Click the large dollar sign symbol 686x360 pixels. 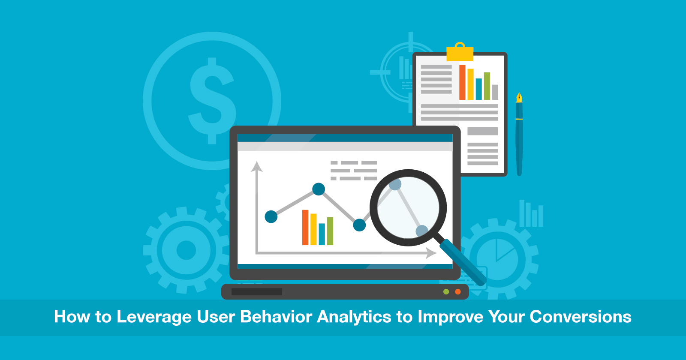pos(212,101)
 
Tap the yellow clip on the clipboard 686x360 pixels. pos(460,53)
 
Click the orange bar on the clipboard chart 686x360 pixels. pos(462,82)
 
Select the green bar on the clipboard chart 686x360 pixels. pos(487,86)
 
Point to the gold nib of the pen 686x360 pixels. pos(519,98)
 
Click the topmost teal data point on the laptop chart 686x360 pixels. pos(319,189)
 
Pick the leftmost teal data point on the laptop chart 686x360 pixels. pos(271,217)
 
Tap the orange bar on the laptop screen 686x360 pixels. pos(305,228)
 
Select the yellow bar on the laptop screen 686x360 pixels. pos(313,229)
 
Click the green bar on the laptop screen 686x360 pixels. pos(330,231)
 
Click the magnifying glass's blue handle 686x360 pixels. pos(463,262)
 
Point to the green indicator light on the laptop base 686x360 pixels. pos(446,292)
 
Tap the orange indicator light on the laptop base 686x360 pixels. pos(458,292)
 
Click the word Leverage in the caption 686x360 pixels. pos(154,317)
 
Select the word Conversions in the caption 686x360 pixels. pos(581,317)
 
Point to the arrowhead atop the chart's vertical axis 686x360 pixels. pos(257,166)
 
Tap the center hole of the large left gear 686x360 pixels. pos(186,250)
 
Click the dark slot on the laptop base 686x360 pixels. pos(256,292)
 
